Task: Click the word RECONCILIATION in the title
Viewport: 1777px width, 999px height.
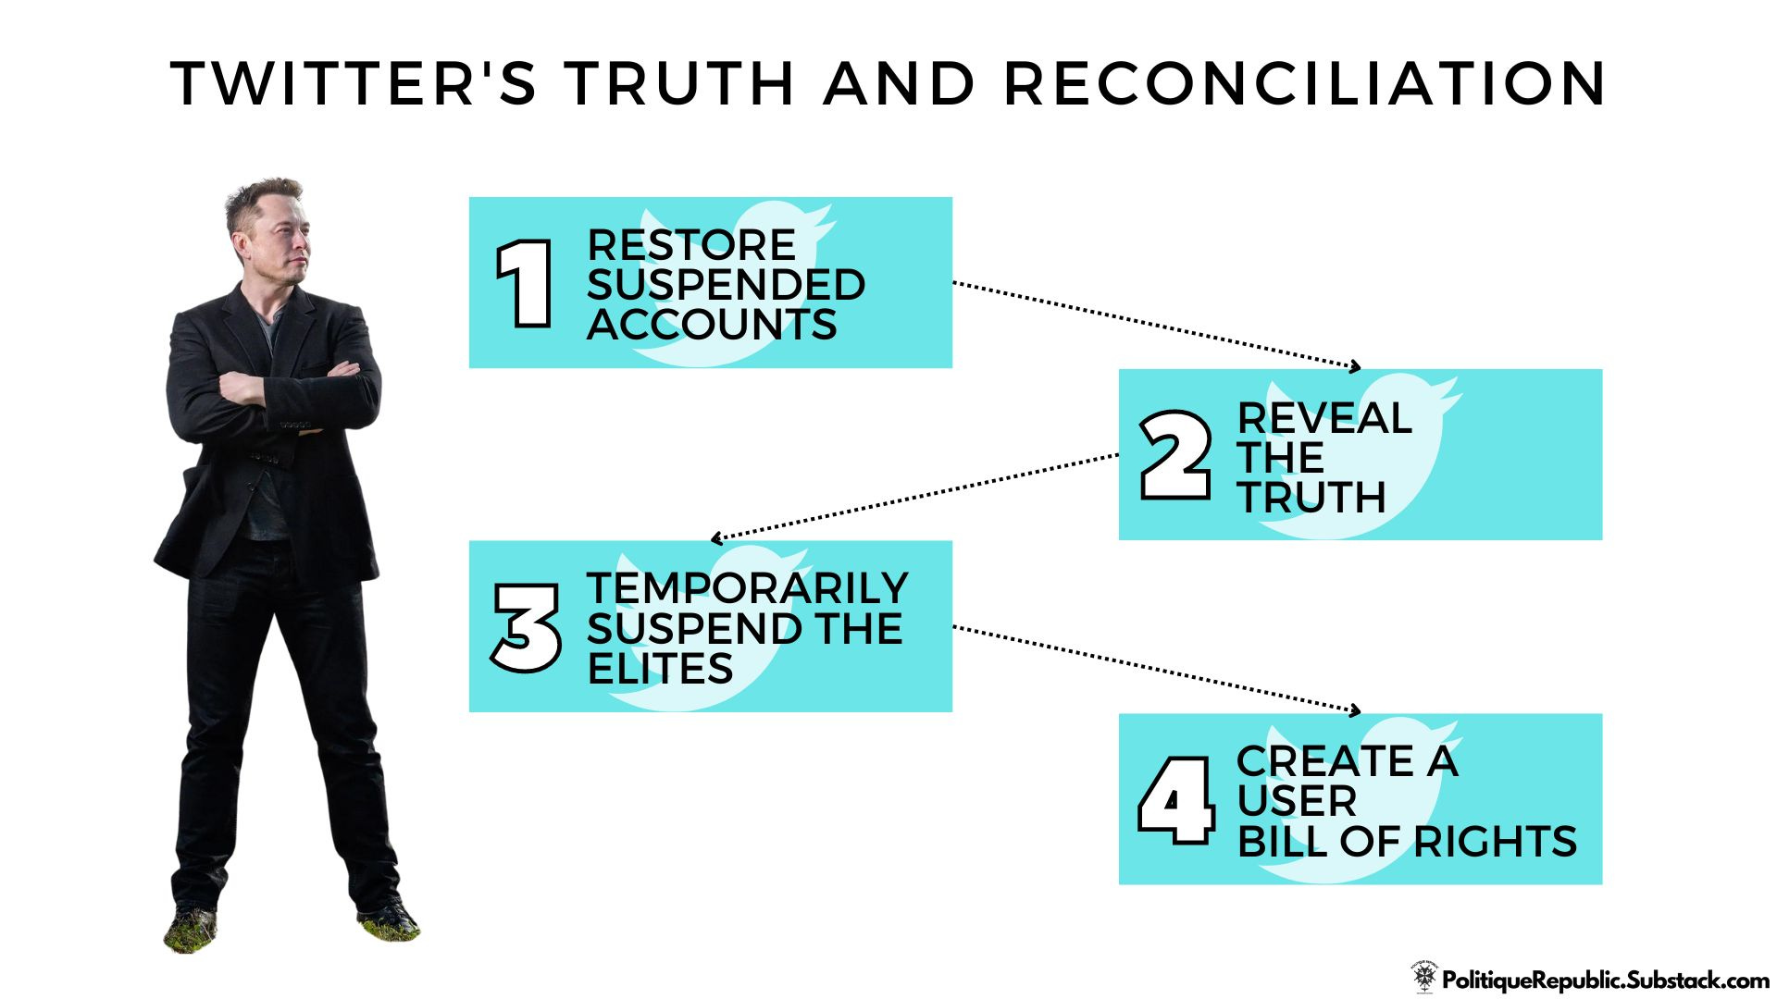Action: [x=1305, y=83]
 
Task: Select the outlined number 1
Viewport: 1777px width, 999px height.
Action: [x=525, y=283]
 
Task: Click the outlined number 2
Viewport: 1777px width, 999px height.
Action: [x=1174, y=455]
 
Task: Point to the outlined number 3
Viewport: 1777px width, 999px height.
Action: [x=526, y=627]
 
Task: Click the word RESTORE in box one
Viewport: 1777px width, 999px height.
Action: [x=691, y=245]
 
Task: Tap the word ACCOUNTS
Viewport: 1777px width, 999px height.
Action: [x=712, y=325]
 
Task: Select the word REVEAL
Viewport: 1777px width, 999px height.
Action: [x=1324, y=418]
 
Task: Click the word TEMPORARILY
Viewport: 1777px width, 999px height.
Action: [x=748, y=588]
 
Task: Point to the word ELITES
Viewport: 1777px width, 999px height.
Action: [x=660, y=669]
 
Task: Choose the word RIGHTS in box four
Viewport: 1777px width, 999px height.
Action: [x=1495, y=842]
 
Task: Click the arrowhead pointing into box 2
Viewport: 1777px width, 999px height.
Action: [x=1356, y=367]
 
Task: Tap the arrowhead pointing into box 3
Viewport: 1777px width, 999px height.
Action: [x=715, y=538]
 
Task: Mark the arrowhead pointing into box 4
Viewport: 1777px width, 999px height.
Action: [x=1356, y=710]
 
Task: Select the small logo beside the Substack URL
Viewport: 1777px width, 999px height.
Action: [x=1424, y=977]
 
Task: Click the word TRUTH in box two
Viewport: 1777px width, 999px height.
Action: [x=1311, y=498]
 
